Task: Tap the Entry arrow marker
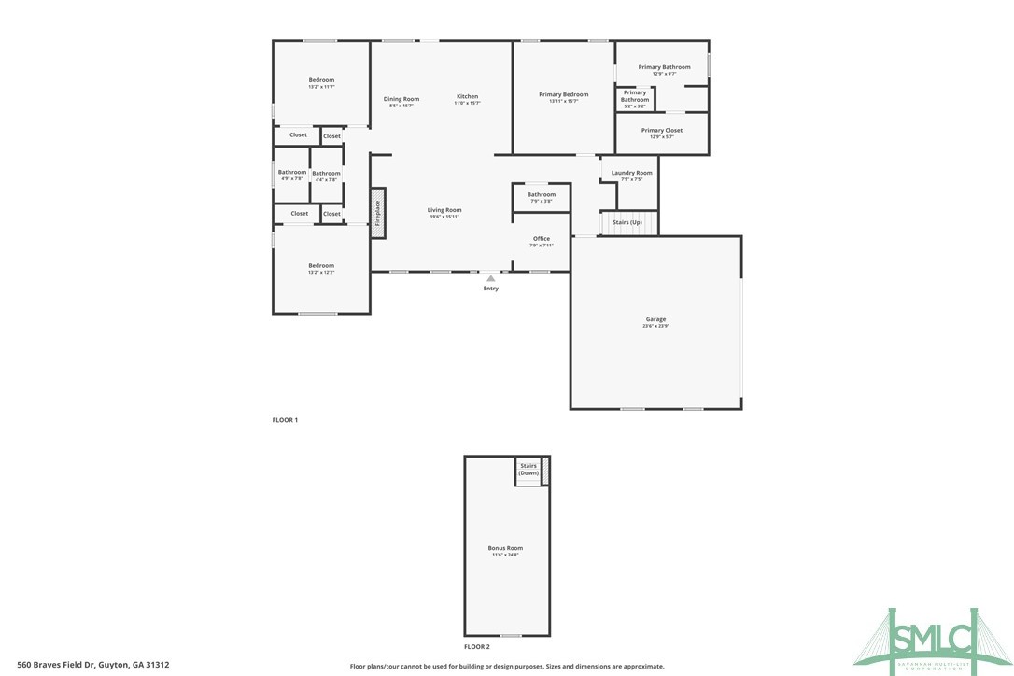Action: (490, 277)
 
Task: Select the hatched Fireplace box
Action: (378, 214)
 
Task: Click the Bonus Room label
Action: (505, 548)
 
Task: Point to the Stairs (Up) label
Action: (627, 222)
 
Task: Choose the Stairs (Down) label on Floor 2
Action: (528, 469)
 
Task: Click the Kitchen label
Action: (467, 97)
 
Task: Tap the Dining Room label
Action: (401, 99)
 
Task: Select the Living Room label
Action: (444, 210)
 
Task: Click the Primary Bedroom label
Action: (563, 94)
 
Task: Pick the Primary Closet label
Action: (661, 131)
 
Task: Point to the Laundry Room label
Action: (631, 173)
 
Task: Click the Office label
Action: (542, 239)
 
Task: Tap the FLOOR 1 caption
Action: (285, 420)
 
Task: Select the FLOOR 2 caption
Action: (476, 646)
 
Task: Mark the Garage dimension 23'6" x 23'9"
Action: (655, 327)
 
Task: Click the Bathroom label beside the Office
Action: (541, 194)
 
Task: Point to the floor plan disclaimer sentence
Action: (507, 666)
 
